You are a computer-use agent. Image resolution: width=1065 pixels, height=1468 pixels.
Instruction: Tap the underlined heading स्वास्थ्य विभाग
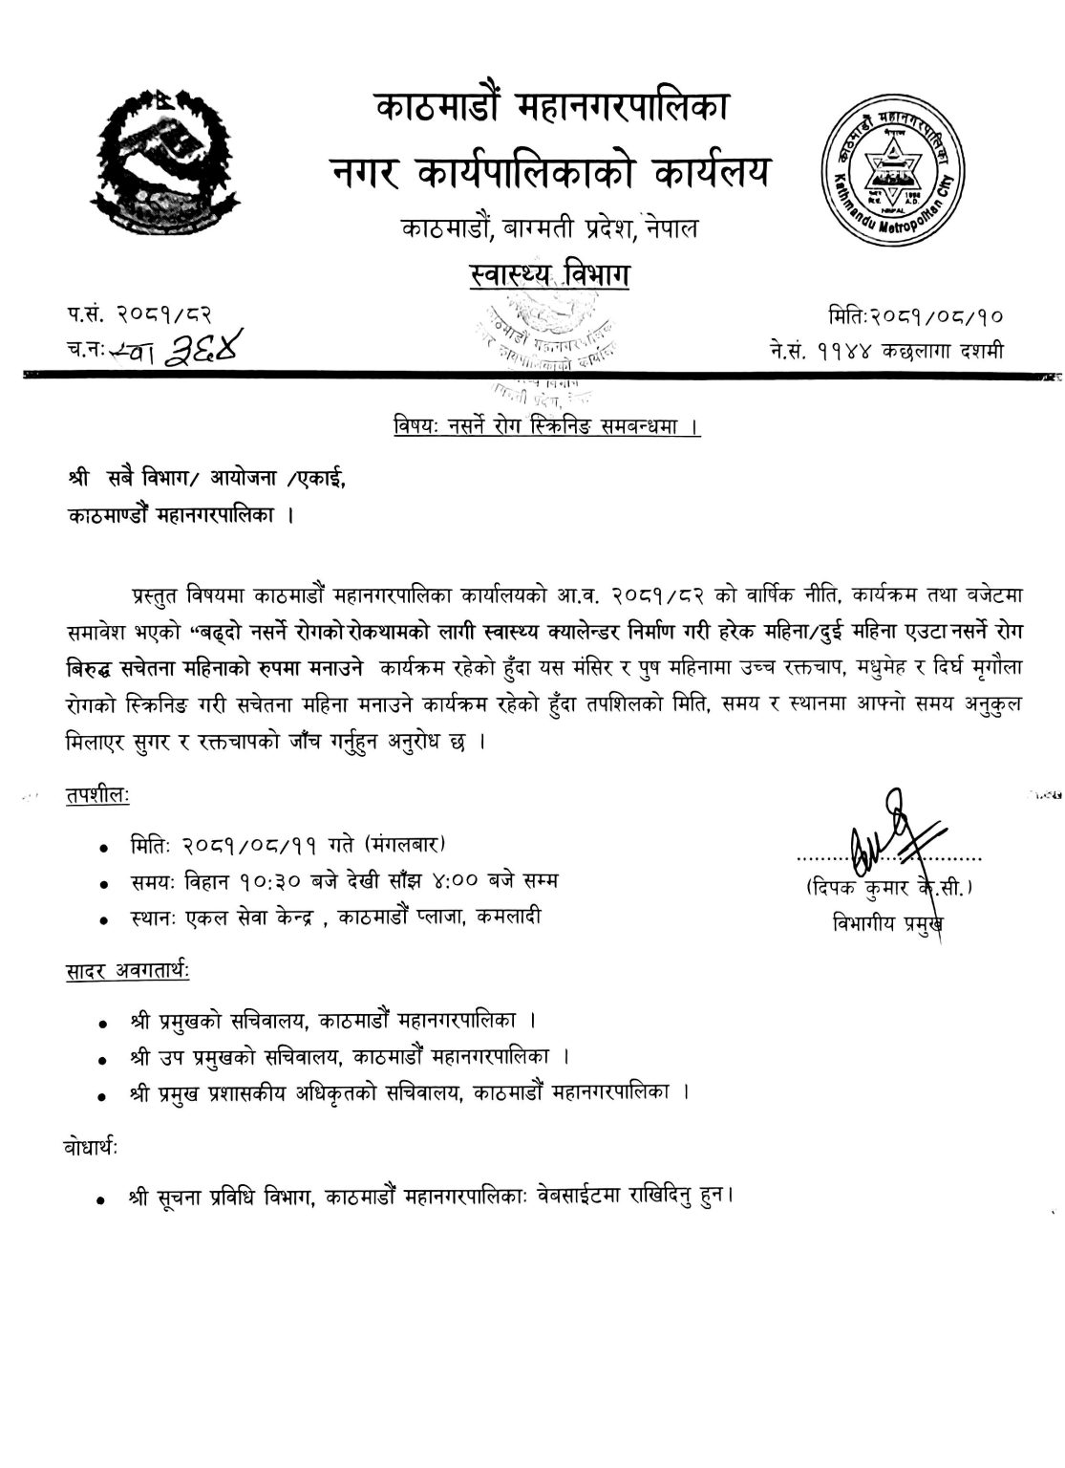click(544, 277)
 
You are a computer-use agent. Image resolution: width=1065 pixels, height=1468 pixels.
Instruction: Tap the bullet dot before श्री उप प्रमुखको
click(102, 1060)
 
